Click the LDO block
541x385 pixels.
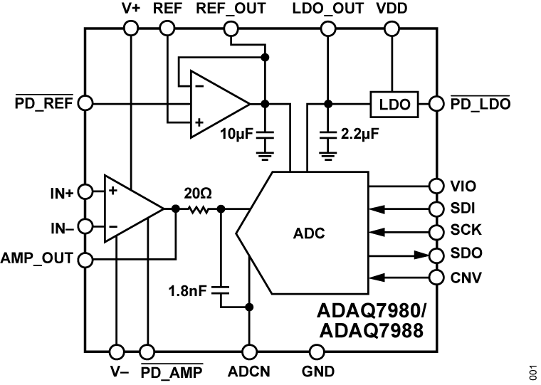click(394, 104)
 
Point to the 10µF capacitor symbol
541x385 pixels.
click(265, 134)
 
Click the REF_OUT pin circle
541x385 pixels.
click(231, 28)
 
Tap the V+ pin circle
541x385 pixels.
click(131, 28)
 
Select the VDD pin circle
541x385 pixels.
click(392, 28)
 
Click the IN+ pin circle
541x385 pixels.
click(85, 191)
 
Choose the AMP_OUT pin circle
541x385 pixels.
click(85, 259)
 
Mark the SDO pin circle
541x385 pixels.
click(436, 254)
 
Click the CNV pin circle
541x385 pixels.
click(436, 277)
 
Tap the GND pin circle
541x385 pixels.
click(317, 351)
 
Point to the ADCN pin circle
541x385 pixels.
click(249, 351)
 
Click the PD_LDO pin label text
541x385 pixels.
click(480, 104)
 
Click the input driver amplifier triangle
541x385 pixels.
click(131, 209)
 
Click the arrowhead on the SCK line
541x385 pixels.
click(377, 231)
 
